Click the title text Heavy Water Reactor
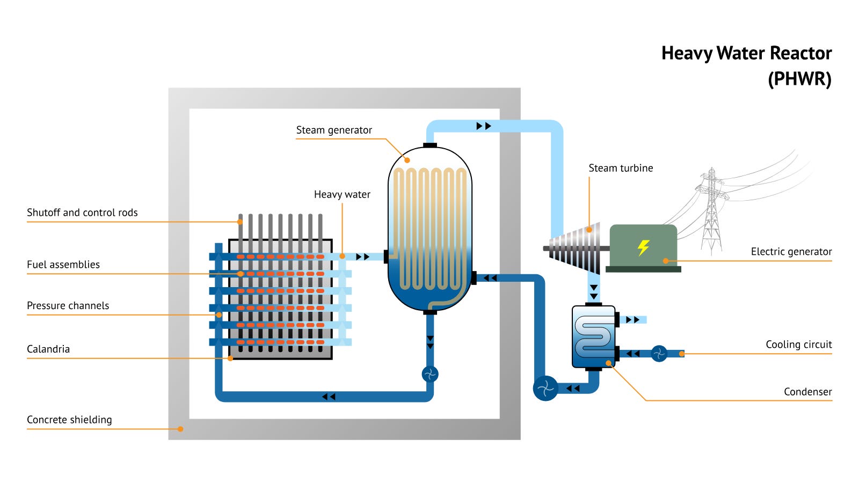[x=746, y=54]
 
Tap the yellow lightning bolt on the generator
[x=643, y=247]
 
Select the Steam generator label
[x=334, y=130]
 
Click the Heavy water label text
[x=342, y=195]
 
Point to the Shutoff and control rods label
[x=82, y=213]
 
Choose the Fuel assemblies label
[x=63, y=265]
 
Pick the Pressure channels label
[x=68, y=306]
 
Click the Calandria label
[x=48, y=349]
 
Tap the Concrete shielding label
[x=69, y=420]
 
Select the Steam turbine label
[x=621, y=169]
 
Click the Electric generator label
[x=791, y=252]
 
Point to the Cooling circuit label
[x=798, y=345]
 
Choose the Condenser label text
[x=807, y=392]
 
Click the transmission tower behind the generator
[x=711, y=209]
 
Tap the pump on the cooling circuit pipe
[x=659, y=354]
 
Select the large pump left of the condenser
[x=545, y=388]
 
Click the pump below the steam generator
[x=430, y=374]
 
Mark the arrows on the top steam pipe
[x=484, y=126]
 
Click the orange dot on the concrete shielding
[x=180, y=429]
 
